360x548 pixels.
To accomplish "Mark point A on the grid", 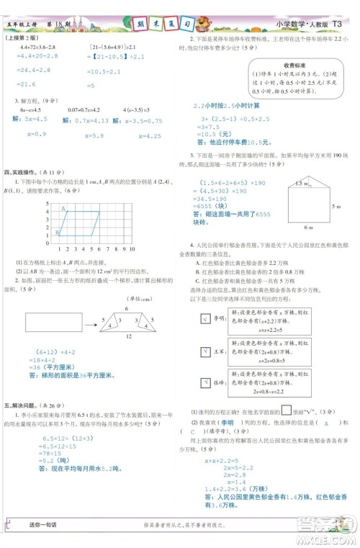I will tap(63, 209).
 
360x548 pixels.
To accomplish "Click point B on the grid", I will tap(57, 233).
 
